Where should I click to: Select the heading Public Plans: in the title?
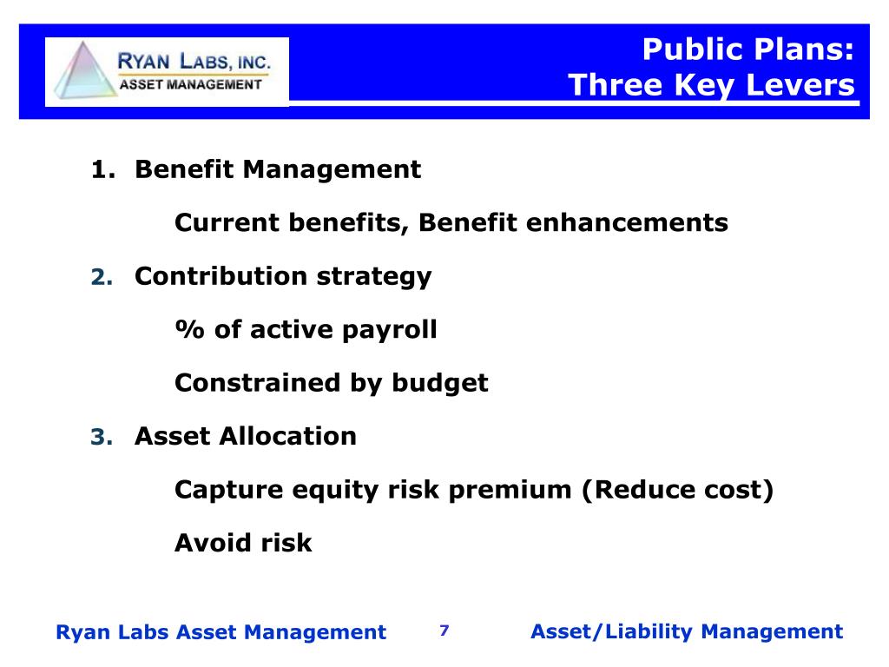tap(748, 50)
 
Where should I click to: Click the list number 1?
tap(102, 169)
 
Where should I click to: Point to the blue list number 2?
tap(102, 278)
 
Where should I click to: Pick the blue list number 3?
tap(102, 438)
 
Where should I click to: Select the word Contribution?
tap(221, 276)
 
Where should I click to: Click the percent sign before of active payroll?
tap(185, 330)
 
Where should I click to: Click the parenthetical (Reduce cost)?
tap(677, 490)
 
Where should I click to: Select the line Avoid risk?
tap(243, 544)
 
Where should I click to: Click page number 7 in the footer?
tap(444, 631)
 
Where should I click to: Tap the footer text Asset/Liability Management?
tap(686, 631)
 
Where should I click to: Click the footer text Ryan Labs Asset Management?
tap(221, 632)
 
